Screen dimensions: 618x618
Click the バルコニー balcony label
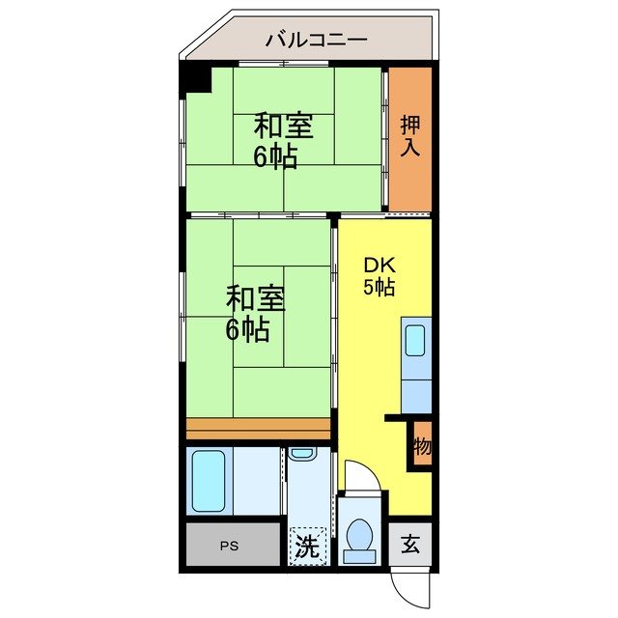click(x=315, y=40)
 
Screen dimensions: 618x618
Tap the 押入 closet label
click(x=409, y=136)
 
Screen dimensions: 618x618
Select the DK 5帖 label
click(x=379, y=275)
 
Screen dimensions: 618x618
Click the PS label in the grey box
click(x=228, y=546)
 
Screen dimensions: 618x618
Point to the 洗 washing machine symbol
click(x=307, y=547)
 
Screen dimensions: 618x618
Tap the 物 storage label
click(x=422, y=446)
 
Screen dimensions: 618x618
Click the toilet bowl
click(x=360, y=535)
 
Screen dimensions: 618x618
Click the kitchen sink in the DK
click(x=415, y=341)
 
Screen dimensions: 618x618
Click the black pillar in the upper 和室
click(x=197, y=78)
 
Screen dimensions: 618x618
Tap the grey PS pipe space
click(x=232, y=546)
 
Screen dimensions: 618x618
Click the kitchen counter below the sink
click(x=415, y=391)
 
